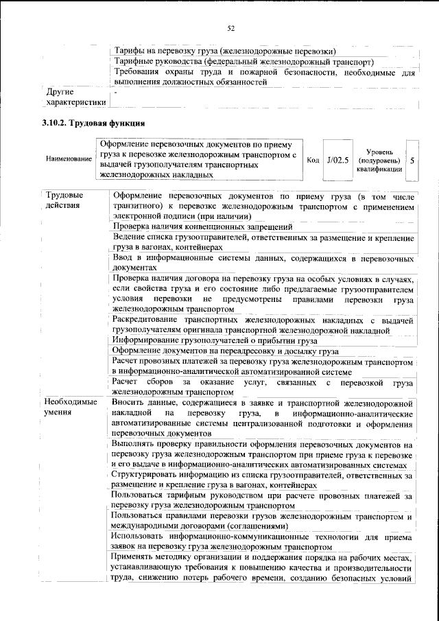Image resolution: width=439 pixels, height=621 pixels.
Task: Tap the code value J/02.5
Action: (x=337, y=160)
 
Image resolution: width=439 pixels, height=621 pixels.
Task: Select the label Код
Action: (x=313, y=160)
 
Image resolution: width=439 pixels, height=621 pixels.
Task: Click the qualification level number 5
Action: (x=412, y=160)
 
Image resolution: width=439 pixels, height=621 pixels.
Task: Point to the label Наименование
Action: (x=69, y=160)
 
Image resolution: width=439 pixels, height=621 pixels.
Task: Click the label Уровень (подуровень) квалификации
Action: (x=379, y=160)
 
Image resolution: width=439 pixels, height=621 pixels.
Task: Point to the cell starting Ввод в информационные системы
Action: (x=263, y=262)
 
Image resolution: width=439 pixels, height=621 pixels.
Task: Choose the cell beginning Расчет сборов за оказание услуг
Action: (x=263, y=387)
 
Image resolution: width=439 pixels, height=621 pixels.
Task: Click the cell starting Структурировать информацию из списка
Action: (x=263, y=479)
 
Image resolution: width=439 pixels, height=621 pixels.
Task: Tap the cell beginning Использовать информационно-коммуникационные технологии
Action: (x=263, y=541)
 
